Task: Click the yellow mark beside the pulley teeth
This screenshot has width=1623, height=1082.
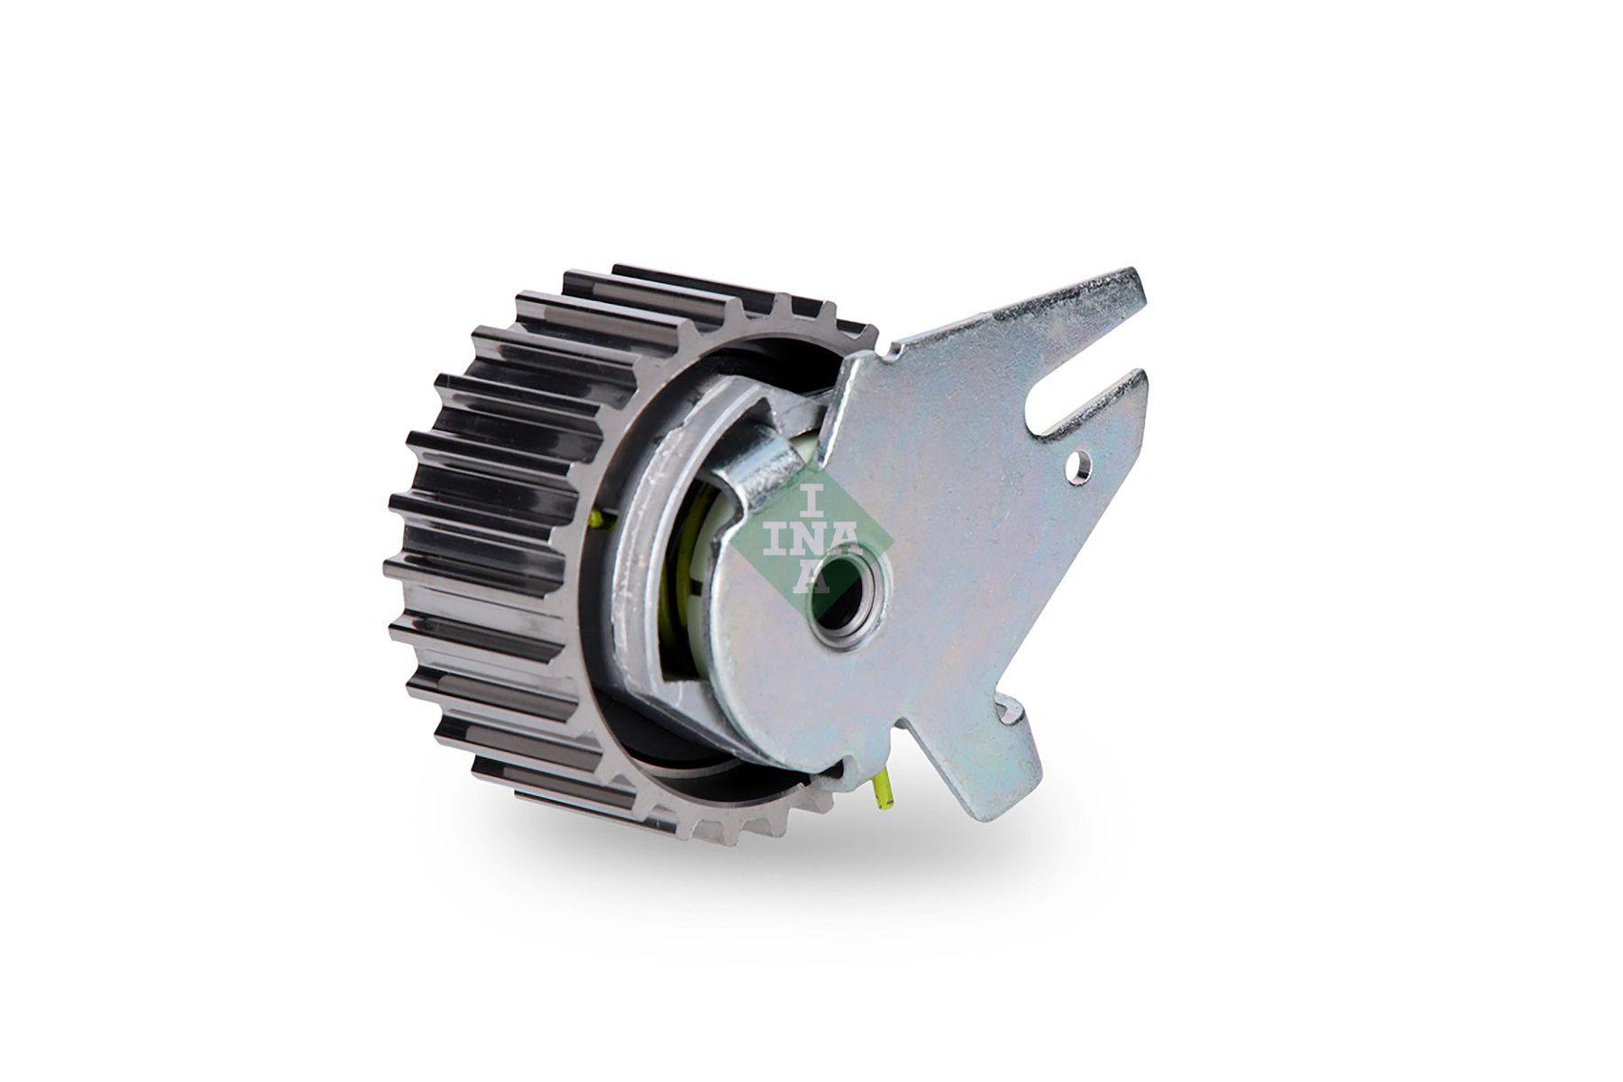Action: [596, 520]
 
